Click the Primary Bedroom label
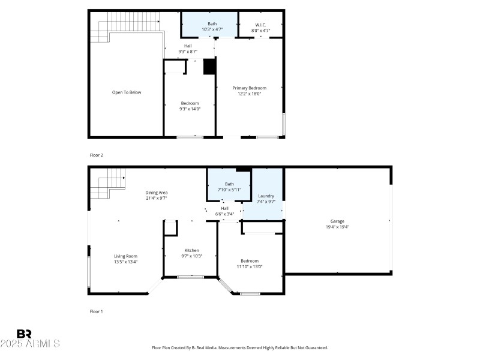pos(250,88)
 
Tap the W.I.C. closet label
pos(260,24)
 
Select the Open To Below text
pos(127,92)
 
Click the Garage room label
pos(337,221)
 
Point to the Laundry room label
pos(266,196)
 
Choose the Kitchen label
pos(192,250)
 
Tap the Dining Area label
pos(156,192)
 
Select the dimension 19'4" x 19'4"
pos(337,227)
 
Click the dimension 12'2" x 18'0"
pos(250,94)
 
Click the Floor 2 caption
pos(96,155)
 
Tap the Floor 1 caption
pos(96,311)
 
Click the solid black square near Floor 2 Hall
pos(209,66)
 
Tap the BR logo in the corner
pos(24,334)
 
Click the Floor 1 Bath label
pos(229,184)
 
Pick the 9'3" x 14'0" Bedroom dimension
pos(190,109)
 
